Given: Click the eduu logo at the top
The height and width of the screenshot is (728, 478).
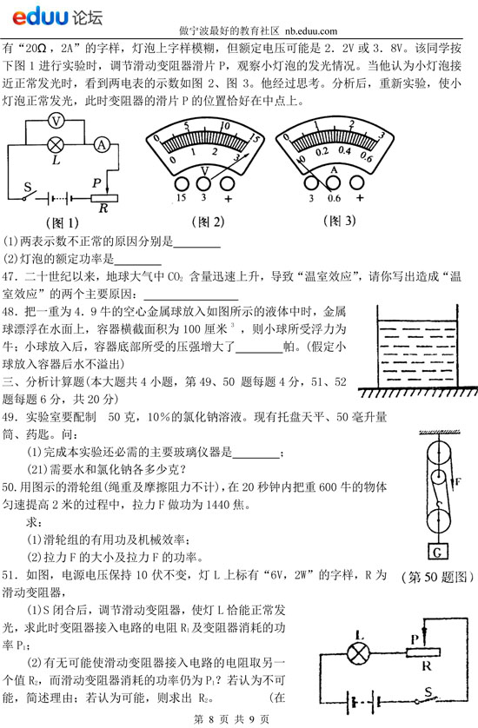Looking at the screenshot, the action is [x=57, y=17].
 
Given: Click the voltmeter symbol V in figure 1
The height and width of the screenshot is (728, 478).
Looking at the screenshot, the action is [x=56, y=121].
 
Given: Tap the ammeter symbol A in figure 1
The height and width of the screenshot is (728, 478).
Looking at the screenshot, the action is [x=102, y=145].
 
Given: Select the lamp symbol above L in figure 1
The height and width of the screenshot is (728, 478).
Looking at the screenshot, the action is [x=56, y=145].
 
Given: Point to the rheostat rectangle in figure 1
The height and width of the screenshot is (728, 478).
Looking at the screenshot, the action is [x=104, y=198].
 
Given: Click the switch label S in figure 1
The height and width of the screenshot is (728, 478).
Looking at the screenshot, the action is [x=28, y=188].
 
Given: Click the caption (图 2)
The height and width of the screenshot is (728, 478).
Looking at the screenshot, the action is [x=208, y=222].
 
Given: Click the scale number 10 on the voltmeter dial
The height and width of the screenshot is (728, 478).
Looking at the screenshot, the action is [x=225, y=126].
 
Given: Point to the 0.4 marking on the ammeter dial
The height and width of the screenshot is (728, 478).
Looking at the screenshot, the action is [x=344, y=150].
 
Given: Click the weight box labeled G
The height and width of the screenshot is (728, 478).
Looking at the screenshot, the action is [x=437, y=551].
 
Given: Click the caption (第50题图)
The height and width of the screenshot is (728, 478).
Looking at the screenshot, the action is [x=437, y=577].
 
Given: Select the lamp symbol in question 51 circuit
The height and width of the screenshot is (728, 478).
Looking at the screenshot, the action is [x=359, y=653].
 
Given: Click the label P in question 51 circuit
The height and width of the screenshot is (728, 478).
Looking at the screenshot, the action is [x=415, y=639].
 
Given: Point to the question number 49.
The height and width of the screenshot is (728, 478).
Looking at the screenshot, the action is [x=10, y=417].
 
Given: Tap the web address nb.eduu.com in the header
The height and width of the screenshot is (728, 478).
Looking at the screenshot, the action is [x=311, y=31].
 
